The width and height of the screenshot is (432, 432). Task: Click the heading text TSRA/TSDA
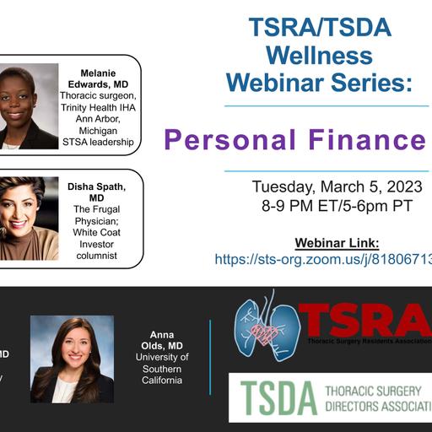(x=320, y=27)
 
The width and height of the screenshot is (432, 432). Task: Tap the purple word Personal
(x=221, y=139)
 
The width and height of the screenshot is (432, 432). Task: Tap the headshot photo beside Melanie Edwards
(x=29, y=105)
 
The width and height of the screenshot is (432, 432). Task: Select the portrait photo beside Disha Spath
(x=29, y=218)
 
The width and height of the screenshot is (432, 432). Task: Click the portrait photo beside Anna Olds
(x=72, y=359)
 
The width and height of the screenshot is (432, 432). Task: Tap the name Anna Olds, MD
(x=162, y=339)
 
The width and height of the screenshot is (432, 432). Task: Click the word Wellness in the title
(x=320, y=56)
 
